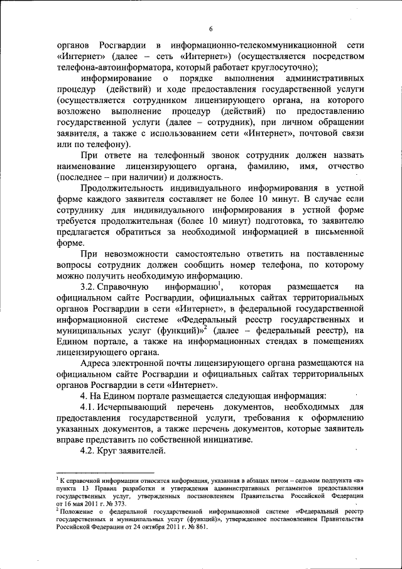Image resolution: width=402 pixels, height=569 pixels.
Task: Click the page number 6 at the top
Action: click(x=211, y=28)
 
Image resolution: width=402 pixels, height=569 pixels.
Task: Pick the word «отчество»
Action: click(x=344, y=165)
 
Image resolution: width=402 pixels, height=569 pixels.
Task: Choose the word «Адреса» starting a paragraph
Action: click(x=96, y=362)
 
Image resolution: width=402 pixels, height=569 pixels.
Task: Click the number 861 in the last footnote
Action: click(x=198, y=527)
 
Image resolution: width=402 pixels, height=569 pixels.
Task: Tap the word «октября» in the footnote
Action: click(x=139, y=527)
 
